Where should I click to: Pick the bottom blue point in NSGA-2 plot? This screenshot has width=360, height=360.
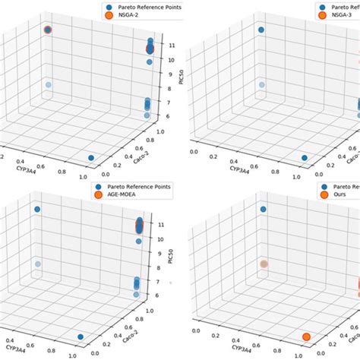[x=91, y=158]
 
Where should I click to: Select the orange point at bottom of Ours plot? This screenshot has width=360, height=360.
[x=306, y=336]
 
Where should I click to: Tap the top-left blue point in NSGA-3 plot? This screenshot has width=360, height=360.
[x=261, y=30]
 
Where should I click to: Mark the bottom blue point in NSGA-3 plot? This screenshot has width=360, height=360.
[x=305, y=158]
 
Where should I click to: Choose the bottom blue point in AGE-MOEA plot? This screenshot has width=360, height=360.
[x=80, y=336]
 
